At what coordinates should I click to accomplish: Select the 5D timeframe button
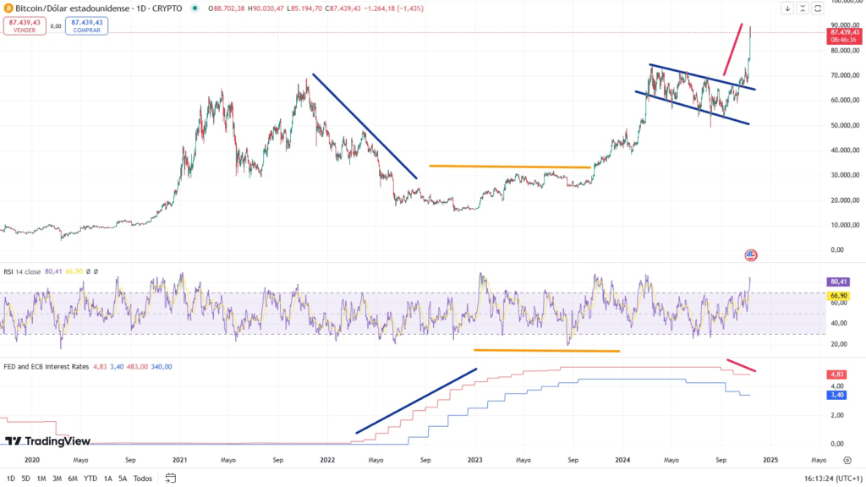click(x=25, y=478)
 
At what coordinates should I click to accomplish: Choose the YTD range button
click(x=90, y=478)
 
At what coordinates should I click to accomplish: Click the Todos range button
click(x=143, y=478)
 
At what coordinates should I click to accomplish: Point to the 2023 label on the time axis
click(x=475, y=461)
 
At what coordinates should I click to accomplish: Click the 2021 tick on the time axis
click(x=179, y=461)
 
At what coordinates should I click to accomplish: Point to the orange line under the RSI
click(x=546, y=350)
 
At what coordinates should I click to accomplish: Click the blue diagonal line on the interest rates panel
click(x=416, y=401)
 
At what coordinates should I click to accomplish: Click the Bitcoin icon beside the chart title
click(x=8, y=8)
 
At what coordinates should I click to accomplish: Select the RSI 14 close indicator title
click(x=22, y=271)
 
